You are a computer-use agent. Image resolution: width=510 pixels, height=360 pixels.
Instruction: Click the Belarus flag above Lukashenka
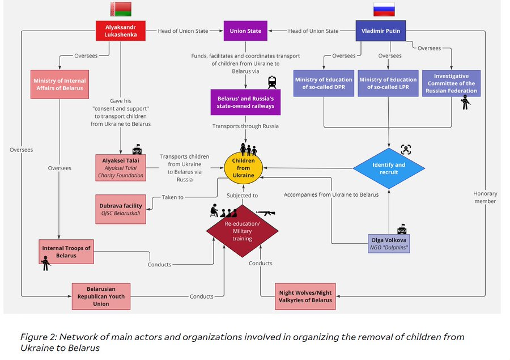120,9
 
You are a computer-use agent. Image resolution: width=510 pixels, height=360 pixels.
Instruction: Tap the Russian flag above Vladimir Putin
384,9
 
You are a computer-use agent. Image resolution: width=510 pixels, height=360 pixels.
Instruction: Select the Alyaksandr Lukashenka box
120,31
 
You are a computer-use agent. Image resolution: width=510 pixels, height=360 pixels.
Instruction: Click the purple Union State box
246,31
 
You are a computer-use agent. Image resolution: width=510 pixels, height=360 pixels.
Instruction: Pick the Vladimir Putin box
385,31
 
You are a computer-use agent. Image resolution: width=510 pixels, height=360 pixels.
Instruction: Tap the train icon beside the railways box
272,82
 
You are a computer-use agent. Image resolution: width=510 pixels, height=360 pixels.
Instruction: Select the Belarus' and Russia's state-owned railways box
245,102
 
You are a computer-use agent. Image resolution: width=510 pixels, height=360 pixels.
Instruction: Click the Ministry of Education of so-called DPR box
324,83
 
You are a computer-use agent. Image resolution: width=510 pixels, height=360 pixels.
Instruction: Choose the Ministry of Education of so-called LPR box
388,83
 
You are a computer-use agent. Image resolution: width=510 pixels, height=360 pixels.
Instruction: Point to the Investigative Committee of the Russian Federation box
451,83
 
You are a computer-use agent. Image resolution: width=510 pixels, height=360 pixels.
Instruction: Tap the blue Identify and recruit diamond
389,168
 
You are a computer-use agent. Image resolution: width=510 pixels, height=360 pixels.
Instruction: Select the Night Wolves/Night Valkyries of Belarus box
305,296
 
